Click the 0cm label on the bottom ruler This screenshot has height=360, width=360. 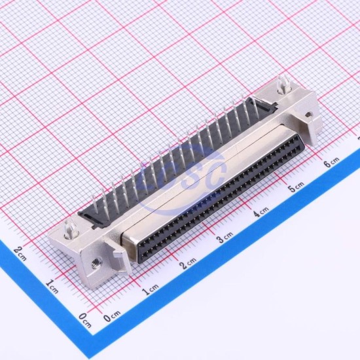(112, 316)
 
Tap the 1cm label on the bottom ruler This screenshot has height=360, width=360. (150, 290)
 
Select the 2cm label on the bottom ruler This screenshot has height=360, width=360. (188, 263)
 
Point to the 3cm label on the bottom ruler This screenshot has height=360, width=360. (225, 237)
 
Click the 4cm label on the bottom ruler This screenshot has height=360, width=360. (261, 212)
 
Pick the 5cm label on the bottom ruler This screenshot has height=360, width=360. (296, 187)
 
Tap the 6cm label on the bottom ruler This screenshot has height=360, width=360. (331, 162)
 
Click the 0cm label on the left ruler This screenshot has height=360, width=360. (84, 320)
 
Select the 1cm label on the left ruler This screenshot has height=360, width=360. (52, 287)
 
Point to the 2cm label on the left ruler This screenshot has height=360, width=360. (20, 254)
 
